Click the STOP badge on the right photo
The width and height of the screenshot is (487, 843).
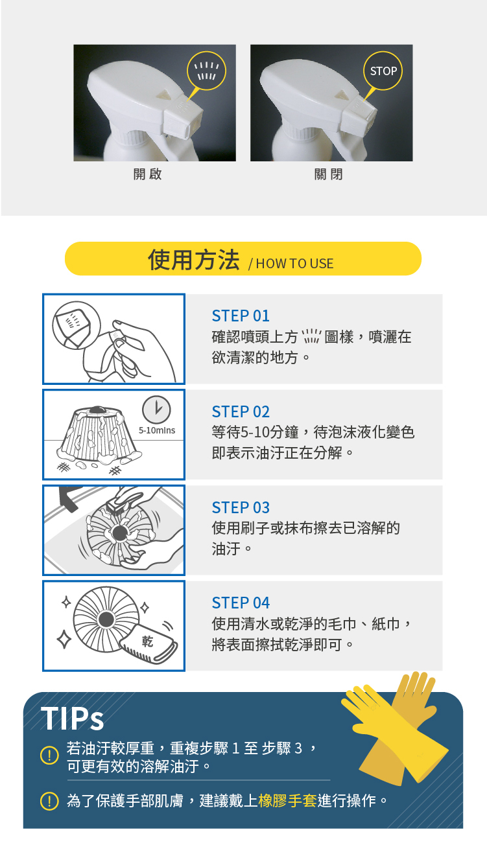point(383,71)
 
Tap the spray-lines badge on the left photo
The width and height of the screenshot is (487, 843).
point(206,71)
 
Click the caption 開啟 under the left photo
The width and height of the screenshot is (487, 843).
point(148,174)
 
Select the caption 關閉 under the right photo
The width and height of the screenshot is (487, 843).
point(328,174)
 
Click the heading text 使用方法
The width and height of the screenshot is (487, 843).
point(194,259)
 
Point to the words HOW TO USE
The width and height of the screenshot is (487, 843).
point(294,264)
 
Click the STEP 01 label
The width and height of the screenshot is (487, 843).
point(241,316)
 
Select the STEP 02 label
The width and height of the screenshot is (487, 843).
point(241,411)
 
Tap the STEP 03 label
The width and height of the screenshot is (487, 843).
point(241,507)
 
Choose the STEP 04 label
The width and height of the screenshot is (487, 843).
point(241,603)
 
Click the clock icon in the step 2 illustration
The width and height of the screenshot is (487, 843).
point(156,410)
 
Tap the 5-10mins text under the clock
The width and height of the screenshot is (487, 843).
point(157,430)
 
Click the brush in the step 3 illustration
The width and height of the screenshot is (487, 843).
point(123,500)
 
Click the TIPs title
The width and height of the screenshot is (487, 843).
point(73,718)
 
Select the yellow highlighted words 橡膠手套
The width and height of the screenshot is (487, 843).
point(287,800)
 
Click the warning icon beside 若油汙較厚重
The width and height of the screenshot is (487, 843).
point(49,755)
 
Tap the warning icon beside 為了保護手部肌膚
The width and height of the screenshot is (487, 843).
point(49,800)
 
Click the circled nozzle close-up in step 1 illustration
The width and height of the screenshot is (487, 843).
point(77,325)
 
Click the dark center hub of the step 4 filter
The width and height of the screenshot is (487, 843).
point(106,619)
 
